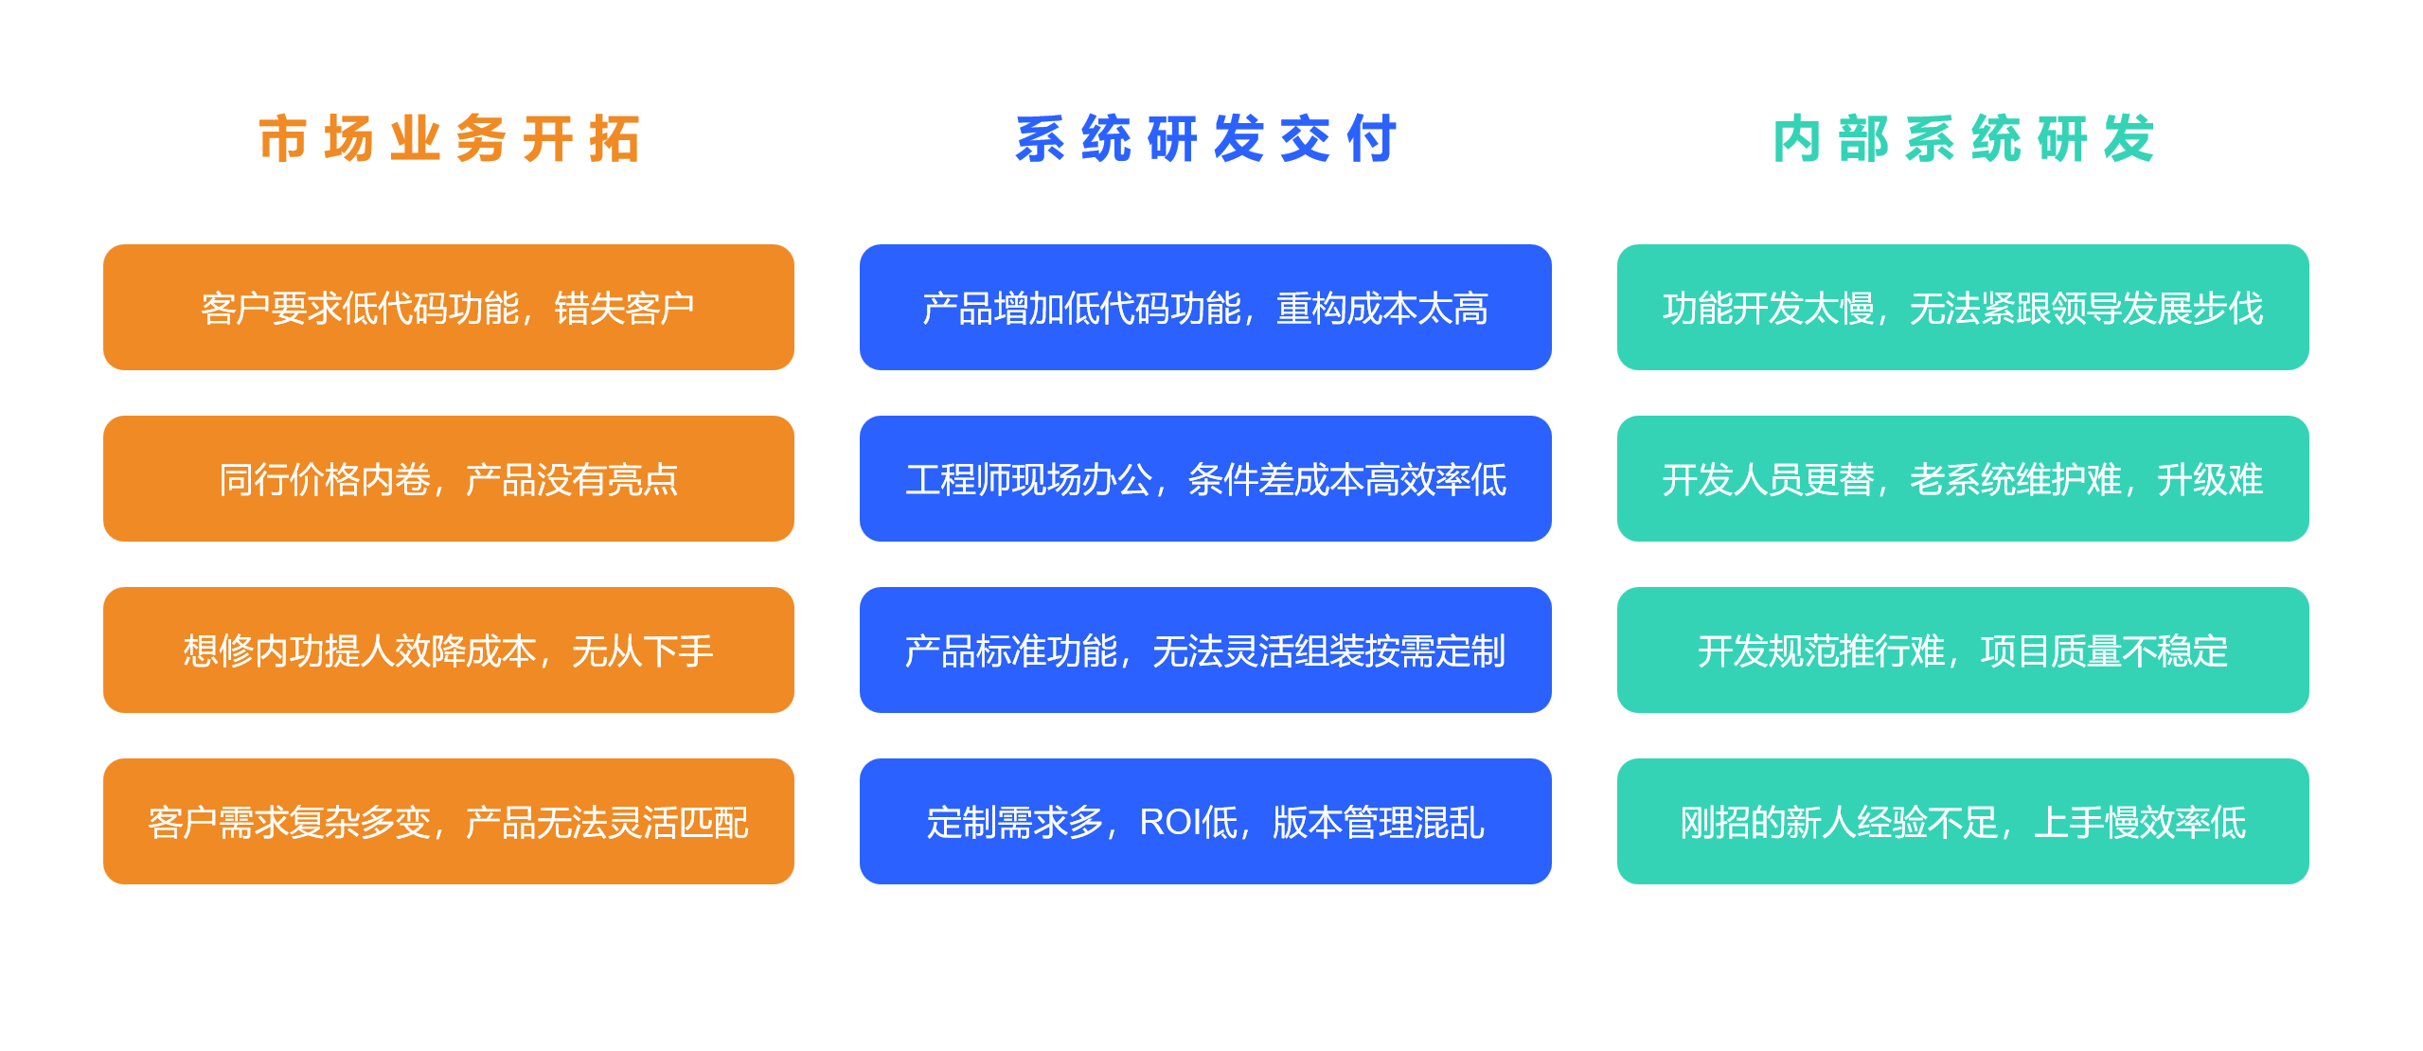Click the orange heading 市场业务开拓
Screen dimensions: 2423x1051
(449, 139)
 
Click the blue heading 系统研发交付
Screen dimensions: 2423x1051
(1205, 139)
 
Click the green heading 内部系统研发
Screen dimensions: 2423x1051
(1963, 139)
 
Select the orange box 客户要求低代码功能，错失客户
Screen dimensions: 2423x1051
(449, 308)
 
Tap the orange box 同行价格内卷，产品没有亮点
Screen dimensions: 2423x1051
(449, 479)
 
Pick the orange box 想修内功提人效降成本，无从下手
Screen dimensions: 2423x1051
(449, 650)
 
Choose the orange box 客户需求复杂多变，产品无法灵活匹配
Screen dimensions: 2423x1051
(449, 822)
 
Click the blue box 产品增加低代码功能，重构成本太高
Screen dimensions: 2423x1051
(1205, 308)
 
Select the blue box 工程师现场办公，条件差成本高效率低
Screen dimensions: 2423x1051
(1205, 479)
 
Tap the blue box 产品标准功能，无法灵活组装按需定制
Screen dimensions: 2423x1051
(1205, 650)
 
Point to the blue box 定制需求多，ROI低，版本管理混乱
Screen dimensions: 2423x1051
(1205, 822)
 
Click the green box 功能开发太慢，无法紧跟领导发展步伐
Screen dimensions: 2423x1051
(1963, 308)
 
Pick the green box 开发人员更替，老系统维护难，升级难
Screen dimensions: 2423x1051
(1963, 479)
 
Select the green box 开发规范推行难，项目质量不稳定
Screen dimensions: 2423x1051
(1963, 650)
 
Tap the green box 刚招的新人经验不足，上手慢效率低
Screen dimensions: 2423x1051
(1963, 822)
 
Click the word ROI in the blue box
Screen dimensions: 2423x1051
(1168, 822)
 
